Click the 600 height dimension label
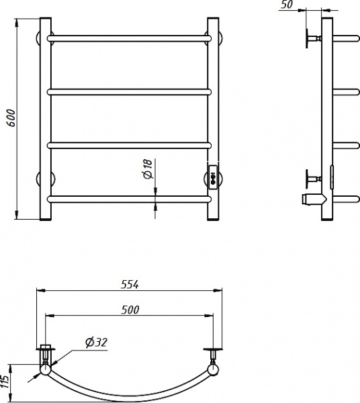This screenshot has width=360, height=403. coord(11,118)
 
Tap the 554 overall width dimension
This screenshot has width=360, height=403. coord(130,285)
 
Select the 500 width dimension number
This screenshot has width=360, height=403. coord(130,310)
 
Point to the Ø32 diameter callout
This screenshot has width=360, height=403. coord(96,343)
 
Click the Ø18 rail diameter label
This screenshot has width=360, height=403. coord(148,169)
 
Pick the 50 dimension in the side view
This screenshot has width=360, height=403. coord(287,5)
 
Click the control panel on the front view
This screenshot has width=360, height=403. coord(214,177)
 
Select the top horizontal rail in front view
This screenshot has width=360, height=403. coord(129,38)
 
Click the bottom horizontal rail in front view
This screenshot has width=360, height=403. coord(129,199)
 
